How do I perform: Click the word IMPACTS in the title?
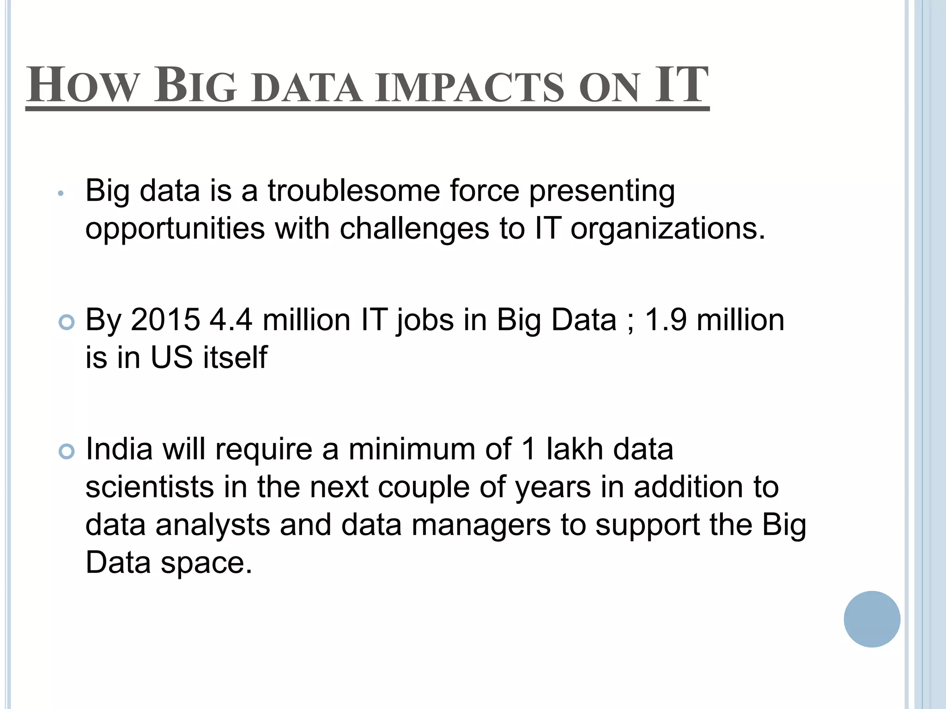469,88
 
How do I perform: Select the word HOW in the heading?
82,86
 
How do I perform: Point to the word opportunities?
175,229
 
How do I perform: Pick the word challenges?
414,228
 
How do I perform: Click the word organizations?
667,229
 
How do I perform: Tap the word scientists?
150,487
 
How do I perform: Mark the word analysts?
212,525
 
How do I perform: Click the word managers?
481,525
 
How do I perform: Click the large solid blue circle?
872,619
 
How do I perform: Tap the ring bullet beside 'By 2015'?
67,322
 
